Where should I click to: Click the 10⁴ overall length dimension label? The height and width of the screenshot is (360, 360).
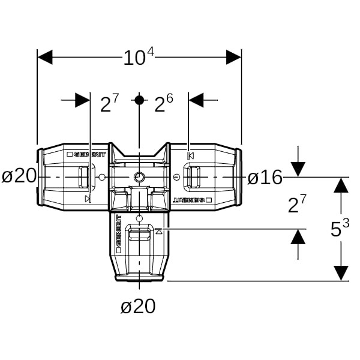139,57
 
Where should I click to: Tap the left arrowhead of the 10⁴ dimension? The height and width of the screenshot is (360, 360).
46,58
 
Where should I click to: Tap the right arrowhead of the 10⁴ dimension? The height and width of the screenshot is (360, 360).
233,58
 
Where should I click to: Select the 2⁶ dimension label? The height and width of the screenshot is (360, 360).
163,103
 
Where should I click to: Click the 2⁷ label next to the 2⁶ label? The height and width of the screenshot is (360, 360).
109,103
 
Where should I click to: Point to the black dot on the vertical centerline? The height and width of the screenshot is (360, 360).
139,100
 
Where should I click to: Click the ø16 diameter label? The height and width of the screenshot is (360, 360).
265,177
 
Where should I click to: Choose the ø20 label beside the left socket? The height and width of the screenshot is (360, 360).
19,176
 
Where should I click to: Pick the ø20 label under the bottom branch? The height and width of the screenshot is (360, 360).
138,307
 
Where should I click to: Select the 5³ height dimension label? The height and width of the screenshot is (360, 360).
340,228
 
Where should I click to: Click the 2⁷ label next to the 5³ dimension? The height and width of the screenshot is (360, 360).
297,205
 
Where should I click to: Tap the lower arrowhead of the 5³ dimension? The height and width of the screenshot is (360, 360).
341,273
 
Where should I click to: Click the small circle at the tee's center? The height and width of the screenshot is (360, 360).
139,178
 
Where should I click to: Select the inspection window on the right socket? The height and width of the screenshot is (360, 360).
193,178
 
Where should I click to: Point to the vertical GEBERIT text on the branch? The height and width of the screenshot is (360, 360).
118,232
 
